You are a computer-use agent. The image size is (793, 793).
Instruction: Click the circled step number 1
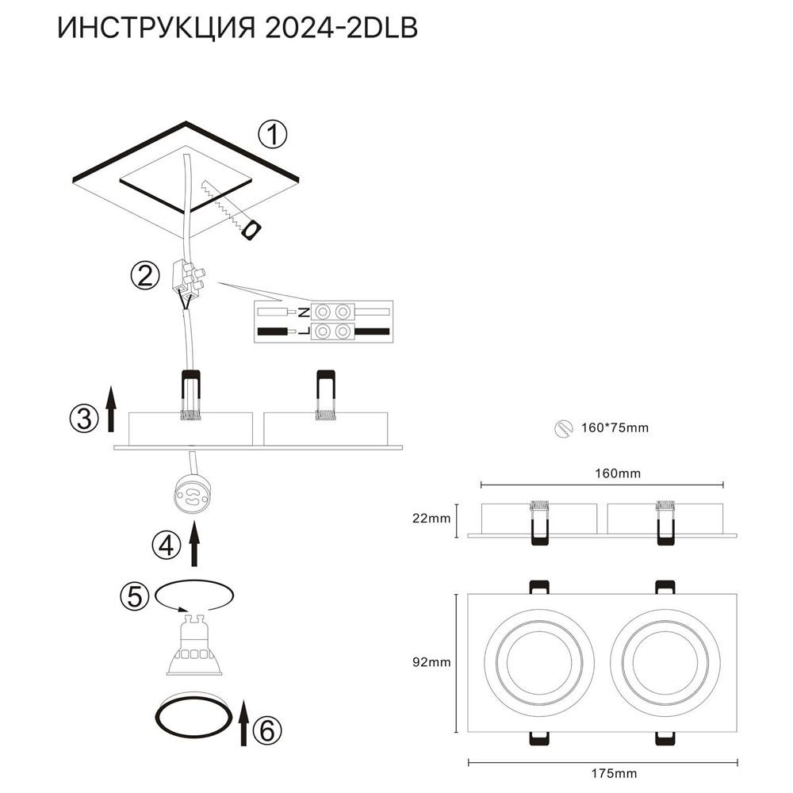272,136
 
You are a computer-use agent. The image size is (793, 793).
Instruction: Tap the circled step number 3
84,418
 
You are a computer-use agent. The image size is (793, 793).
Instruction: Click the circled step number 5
134,595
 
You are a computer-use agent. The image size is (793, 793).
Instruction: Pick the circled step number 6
266,729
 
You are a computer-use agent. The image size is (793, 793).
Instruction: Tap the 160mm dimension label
619,473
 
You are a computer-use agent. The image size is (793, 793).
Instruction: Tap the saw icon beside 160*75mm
561,428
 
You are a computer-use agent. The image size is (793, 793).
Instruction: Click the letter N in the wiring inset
304,312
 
